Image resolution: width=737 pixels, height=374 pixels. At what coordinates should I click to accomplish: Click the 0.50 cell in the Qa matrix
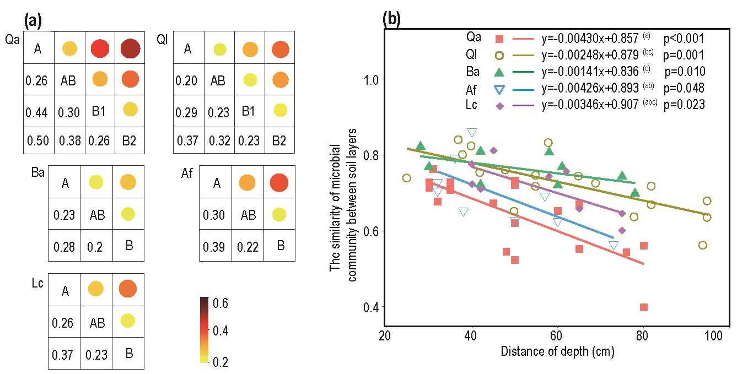click(x=38, y=140)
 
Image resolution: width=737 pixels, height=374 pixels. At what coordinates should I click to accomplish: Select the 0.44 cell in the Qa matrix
click(x=38, y=112)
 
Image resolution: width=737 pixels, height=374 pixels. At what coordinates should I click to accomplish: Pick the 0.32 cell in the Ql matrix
click(x=218, y=140)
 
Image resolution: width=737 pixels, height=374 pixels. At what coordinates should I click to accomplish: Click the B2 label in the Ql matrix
click(x=279, y=140)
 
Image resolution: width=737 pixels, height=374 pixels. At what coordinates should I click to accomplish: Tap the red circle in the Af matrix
click(x=279, y=182)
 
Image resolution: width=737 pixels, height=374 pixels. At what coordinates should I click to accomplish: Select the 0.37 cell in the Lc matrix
click(x=64, y=353)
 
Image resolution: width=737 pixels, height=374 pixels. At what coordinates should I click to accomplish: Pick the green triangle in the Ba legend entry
click(x=499, y=72)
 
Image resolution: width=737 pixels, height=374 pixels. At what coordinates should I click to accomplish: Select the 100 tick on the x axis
click(x=714, y=335)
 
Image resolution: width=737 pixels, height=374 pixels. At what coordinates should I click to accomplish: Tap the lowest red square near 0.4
click(x=643, y=307)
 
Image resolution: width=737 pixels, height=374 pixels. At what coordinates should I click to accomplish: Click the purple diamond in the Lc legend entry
click(x=499, y=104)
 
